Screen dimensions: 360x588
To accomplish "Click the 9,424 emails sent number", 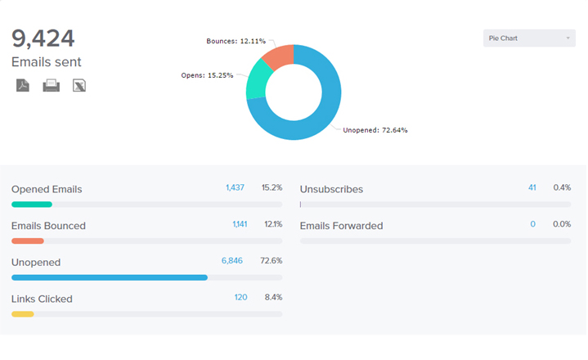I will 43,38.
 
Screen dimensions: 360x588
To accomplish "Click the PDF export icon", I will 23,85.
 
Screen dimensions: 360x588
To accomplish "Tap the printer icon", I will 51,85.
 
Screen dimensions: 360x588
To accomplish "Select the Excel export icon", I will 79,85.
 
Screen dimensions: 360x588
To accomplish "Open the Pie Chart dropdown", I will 529,38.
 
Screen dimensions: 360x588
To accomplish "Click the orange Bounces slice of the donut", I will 280,57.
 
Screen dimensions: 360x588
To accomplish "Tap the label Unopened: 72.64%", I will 375,130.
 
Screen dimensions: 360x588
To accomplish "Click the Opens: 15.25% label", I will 207,75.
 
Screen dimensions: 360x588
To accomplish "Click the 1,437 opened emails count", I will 235,188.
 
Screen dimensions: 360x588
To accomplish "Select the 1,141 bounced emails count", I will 240,224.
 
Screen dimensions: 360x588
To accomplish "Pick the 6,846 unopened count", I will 232,261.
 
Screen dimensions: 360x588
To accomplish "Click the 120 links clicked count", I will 240,297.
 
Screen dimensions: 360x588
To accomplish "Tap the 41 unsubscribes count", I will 532,188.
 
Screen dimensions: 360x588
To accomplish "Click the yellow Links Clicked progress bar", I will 23,314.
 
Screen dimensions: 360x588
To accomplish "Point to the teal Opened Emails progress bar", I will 32,205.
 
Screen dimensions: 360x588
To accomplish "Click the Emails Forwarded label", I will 341,226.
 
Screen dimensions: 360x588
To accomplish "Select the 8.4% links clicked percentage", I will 273,297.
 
